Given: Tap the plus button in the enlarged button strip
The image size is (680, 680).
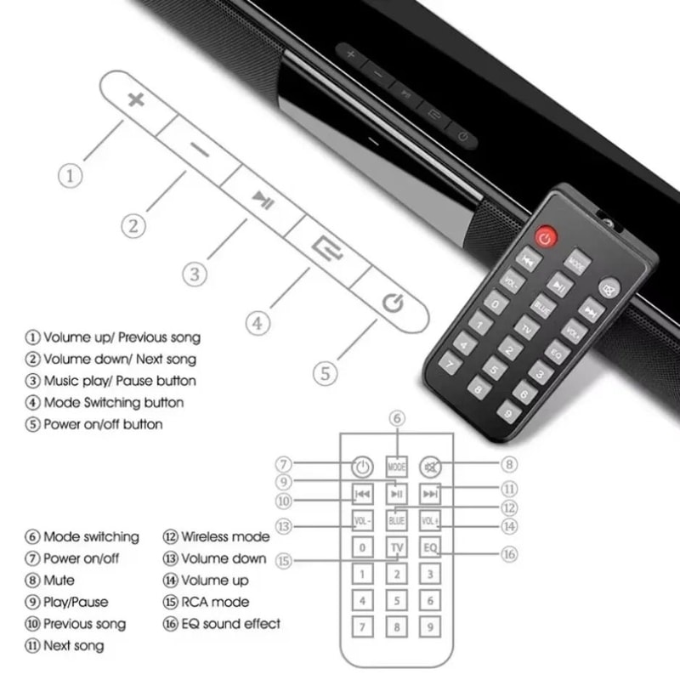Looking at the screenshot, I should (x=135, y=99).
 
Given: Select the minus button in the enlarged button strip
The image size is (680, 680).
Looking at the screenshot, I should (x=200, y=151).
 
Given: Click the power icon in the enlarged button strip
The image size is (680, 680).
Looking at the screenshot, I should (x=392, y=303).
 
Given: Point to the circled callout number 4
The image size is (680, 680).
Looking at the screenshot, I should (x=258, y=323).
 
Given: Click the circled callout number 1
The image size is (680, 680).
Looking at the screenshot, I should (x=71, y=176).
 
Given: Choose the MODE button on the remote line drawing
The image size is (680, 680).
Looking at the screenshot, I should (x=397, y=467).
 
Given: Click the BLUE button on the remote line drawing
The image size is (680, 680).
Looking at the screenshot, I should (x=397, y=519).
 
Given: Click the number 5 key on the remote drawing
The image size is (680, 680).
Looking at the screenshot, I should (x=397, y=601).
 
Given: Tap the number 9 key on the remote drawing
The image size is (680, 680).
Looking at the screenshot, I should (x=432, y=628).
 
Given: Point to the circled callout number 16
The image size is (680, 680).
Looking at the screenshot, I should (x=508, y=554).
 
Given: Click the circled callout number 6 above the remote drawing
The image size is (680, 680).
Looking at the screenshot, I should (x=397, y=418).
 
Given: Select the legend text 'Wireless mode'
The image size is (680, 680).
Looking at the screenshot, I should (x=224, y=537).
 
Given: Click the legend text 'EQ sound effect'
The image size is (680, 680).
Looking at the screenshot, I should (x=230, y=624).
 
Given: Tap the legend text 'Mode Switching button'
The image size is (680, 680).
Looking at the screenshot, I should (x=112, y=402).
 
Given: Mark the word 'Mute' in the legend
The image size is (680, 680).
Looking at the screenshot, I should (x=59, y=581).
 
